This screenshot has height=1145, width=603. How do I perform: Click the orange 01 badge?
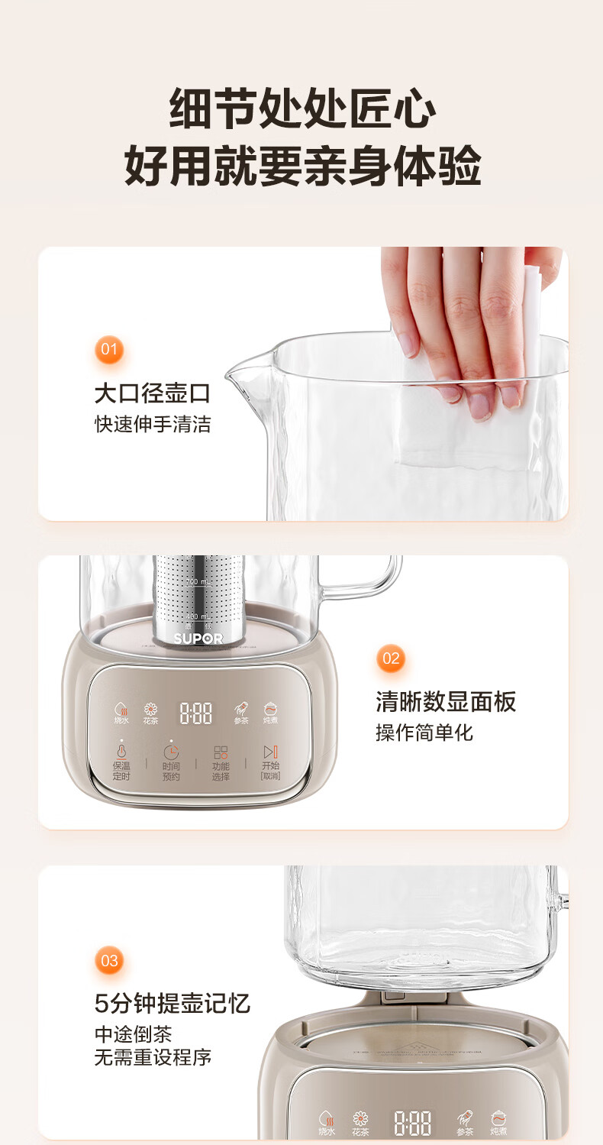click(110, 351)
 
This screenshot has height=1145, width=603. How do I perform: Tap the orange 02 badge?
click(391, 658)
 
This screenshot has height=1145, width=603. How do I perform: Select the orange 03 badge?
click(110, 960)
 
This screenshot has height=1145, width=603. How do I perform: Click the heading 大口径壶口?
click(152, 393)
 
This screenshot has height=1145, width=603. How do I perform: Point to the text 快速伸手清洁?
click(152, 425)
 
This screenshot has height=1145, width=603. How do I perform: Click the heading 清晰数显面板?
click(446, 701)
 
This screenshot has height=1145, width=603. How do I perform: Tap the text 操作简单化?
click(424, 733)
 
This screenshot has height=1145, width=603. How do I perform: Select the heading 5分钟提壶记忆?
click(173, 1003)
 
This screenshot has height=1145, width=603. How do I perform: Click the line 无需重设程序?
click(153, 1058)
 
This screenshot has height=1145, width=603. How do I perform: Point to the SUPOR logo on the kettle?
click(198, 638)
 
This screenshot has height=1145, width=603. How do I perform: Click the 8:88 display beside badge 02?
click(196, 713)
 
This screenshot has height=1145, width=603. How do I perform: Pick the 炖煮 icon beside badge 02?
click(270, 713)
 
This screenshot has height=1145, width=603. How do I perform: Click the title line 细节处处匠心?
click(302, 109)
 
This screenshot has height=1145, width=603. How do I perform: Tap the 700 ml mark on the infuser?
click(196, 583)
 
